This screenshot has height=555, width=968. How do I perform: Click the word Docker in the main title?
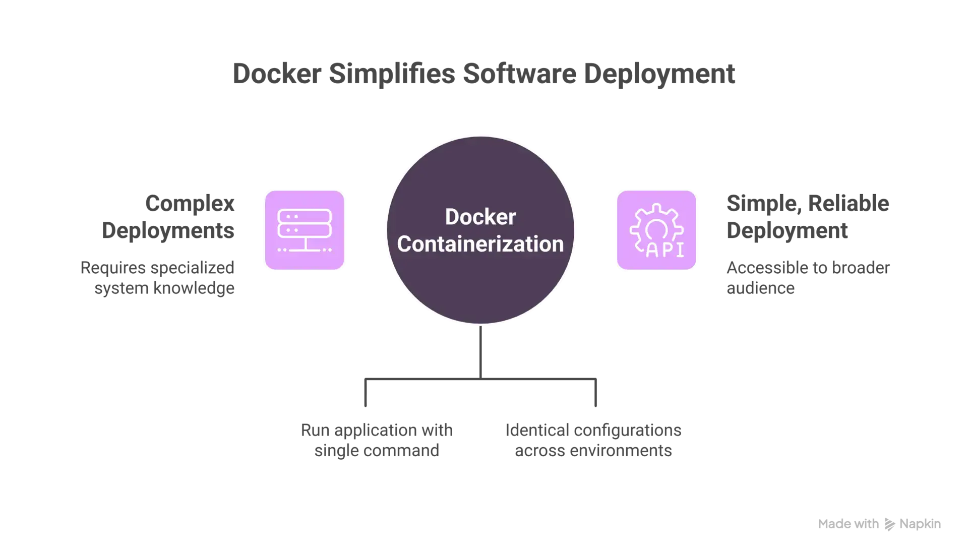click(x=277, y=74)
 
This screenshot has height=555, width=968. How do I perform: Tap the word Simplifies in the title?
click(x=392, y=74)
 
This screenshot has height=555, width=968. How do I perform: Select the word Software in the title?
click(x=519, y=74)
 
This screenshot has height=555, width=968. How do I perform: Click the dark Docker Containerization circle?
click(x=480, y=230)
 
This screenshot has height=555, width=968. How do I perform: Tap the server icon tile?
click(x=305, y=230)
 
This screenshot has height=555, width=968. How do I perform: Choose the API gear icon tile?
click(x=656, y=230)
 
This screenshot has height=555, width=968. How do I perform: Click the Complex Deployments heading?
click(x=168, y=217)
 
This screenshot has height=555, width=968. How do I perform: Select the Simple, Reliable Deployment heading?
click(x=808, y=217)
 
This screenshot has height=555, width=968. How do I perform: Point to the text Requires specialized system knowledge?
click(x=157, y=278)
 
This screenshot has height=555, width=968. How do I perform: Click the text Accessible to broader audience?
click(x=808, y=278)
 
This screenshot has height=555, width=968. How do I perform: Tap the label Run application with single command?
click(x=377, y=440)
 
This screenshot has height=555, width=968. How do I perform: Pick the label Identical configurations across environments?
click(x=593, y=440)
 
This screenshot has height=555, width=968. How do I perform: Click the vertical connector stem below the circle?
click(x=480, y=352)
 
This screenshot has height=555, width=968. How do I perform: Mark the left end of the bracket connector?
click(x=366, y=406)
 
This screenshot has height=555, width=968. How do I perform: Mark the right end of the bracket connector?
click(x=595, y=406)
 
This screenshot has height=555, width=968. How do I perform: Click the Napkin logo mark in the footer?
click(x=889, y=524)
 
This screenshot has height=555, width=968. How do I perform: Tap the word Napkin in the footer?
click(x=920, y=524)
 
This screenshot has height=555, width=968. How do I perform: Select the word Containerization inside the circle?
click(x=480, y=244)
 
